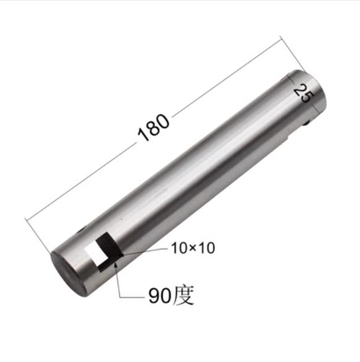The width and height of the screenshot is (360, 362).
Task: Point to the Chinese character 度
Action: click(184, 295)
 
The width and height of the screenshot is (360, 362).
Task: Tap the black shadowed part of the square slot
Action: click(108, 251)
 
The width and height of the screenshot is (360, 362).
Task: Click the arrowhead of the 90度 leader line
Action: click(117, 264)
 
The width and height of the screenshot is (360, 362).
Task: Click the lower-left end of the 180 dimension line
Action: click(26, 217)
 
